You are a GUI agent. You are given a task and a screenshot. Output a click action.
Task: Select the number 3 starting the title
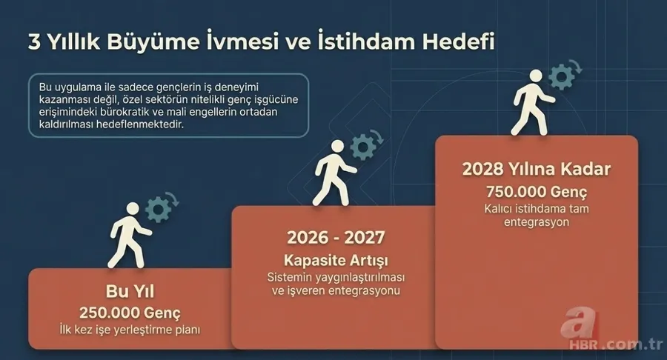[x=34, y=42]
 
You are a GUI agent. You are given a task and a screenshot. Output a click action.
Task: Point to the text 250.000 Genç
[x=130, y=312]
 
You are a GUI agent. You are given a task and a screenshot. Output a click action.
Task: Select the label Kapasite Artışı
[x=335, y=260]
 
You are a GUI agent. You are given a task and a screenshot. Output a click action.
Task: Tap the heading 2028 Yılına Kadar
[x=537, y=169]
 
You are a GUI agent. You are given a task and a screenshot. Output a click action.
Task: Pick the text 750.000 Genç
[x=537, y=192]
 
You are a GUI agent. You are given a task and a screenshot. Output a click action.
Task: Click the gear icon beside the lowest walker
[x=159, y=208]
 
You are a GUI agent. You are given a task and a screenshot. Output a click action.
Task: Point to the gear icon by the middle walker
[x=363, y=146]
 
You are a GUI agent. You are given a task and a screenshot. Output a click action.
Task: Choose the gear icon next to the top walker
[x=563, y=76]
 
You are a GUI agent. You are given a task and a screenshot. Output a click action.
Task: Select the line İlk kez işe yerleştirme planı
[x=130, y=328]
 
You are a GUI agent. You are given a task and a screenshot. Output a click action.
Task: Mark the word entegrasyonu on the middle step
[x=362, y=291]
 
